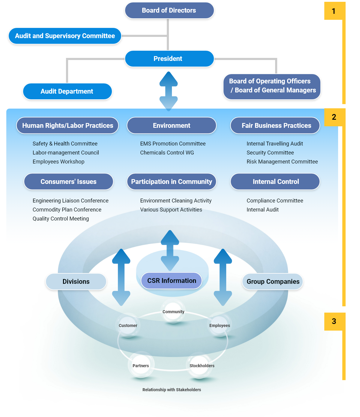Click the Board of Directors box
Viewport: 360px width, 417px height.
click(x=169, y=10)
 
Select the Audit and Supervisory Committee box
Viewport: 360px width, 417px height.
click(x=65, y=36)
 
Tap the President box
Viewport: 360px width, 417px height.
click(x=169, y=59)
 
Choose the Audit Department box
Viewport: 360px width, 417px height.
click(x=67, y=91)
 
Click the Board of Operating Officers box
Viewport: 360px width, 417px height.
click(x=272, y=86)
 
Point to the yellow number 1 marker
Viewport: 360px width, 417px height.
click(x=333, y=11)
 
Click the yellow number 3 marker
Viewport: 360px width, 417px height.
click(x=333, y=321)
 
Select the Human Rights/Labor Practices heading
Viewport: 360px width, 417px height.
click(x=67, y=125)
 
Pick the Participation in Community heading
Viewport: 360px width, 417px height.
click(x=172, y=182)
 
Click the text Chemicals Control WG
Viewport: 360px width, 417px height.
click(x=167, y=153)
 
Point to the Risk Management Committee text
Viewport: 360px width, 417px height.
click(x=282, y=162)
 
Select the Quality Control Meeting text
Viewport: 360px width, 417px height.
click(x=61, y=219)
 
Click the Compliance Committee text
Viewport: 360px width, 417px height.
click(x=275, y=201)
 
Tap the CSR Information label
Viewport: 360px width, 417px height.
click(x=172, y=281)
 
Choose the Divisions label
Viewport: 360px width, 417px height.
click(x=76, y=282)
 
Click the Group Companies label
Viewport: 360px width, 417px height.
click(x=273, y=282)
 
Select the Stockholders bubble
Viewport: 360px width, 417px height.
click(x=202, y=366)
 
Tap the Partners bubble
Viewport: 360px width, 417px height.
click(x=141, y=366)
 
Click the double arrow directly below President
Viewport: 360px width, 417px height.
click(x=169, y=91)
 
